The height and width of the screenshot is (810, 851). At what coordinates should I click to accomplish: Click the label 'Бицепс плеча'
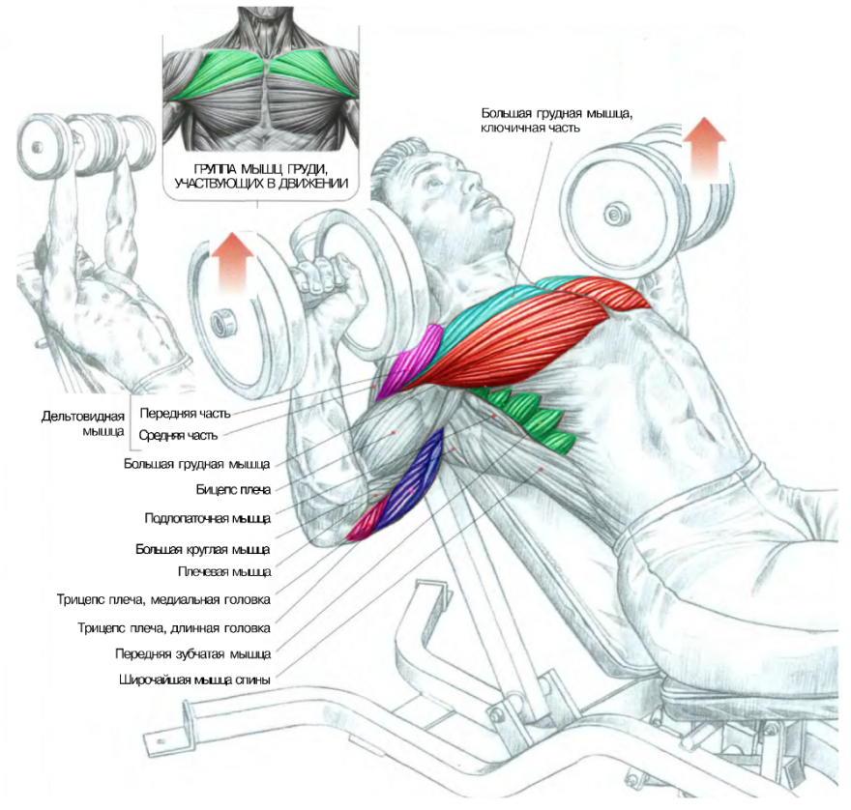click(233, 489)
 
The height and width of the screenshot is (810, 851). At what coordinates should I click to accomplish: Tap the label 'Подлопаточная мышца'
click(207, 517)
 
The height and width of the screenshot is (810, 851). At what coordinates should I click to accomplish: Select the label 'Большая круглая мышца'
click(203, 549)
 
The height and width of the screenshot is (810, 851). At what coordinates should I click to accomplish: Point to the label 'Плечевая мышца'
click(224, 572)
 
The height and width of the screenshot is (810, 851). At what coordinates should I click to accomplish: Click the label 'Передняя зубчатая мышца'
click(192, 653)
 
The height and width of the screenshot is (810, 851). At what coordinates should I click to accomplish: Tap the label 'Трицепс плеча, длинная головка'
click(174, 627)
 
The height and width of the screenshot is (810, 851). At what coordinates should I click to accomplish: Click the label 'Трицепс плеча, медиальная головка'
click(163, 599)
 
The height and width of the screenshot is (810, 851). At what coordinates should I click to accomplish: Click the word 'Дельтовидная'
click(83, 417)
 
